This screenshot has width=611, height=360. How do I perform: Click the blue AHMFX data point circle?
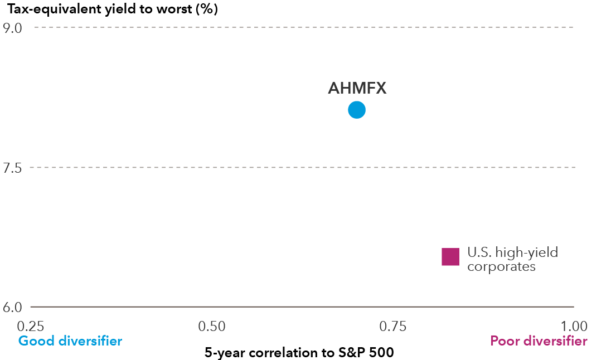[x=357, y=110]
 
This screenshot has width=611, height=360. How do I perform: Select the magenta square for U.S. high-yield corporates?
[x=450, y=257]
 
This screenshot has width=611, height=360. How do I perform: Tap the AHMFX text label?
[x=357, y=89]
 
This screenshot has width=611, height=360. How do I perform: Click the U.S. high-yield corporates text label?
[x=512, y=260]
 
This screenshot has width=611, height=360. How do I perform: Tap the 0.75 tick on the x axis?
[x=393, y=325]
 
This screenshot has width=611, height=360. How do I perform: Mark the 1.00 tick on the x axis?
[x=574, y=325]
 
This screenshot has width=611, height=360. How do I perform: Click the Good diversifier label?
[x=70, y=340]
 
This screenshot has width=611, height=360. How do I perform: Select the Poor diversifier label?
[x=539, y=340]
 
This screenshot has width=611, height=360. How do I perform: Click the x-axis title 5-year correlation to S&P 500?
[x=299, y=352]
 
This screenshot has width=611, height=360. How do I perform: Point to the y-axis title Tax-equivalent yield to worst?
[x=112, y=9]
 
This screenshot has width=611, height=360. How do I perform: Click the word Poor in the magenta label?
[x=503, y=340]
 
